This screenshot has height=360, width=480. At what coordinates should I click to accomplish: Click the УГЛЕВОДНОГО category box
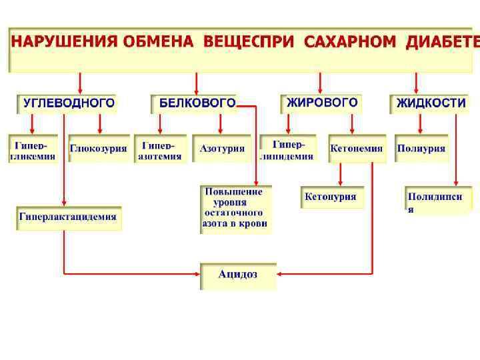pos(67,103)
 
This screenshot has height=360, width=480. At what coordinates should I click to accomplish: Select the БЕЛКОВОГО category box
pos(195,103)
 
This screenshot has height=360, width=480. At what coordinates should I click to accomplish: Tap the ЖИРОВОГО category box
pos(321,103)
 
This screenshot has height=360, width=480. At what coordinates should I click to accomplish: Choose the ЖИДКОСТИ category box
pos(430,103)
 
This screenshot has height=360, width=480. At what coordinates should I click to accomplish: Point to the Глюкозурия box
pos(99,149)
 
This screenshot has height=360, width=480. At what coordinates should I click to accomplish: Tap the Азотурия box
pos(222,149)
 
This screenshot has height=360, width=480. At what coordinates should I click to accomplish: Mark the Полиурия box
pos(421,149)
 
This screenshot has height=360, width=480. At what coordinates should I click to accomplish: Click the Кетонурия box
pos(331,197)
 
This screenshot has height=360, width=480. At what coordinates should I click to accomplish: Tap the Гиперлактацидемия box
pos(69,217)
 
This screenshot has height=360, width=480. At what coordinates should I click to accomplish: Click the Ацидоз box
pos(238,275)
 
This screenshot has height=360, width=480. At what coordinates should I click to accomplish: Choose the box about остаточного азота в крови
pos(236,208)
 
